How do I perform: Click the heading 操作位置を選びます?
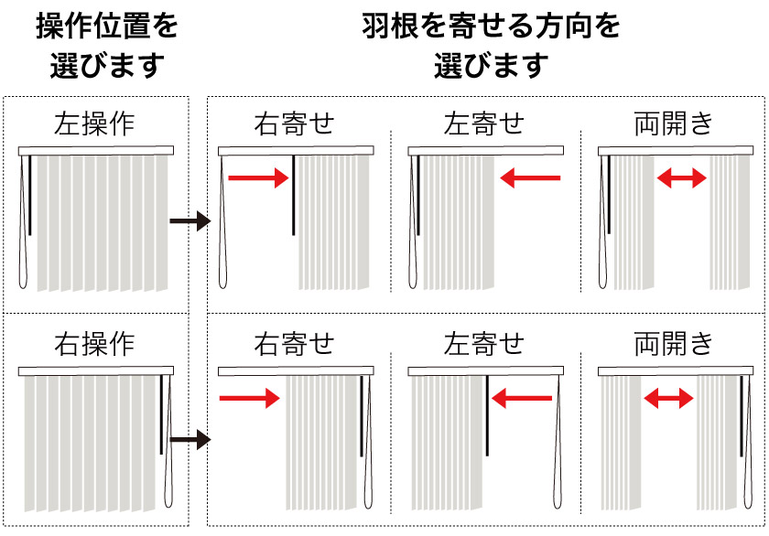(107, 45)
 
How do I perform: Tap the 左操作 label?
(94, 123)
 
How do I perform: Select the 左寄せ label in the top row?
(484, 123)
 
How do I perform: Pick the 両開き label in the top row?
(674, 123)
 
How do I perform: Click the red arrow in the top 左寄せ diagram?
(530, 179)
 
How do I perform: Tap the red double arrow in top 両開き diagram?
(682, 179)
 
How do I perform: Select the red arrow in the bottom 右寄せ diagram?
(249, 398)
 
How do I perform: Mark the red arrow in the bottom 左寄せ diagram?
(523, 398)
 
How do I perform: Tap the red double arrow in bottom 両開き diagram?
(667, 398)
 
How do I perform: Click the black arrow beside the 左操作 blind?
(190, 221)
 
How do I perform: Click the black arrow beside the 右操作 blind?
(190, 441)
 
